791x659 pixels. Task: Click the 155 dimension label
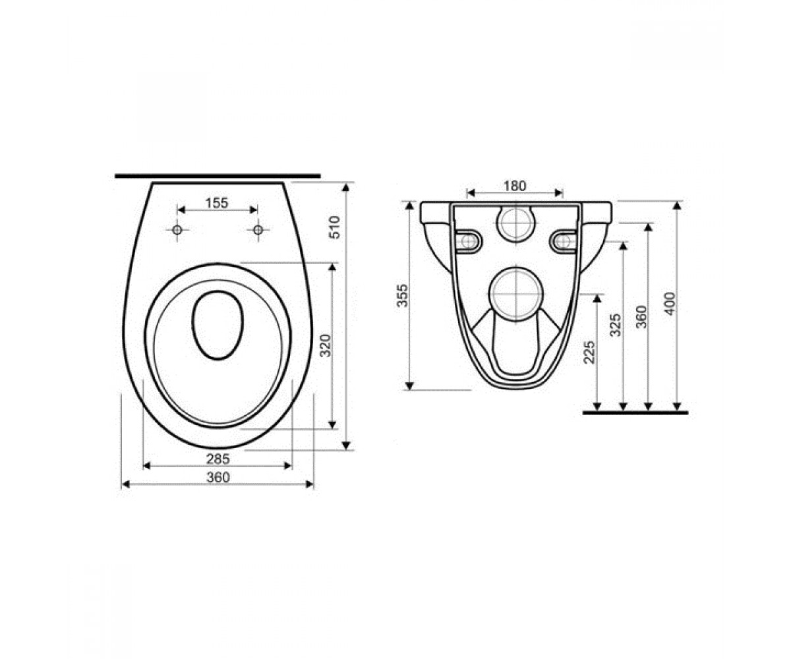coord(217,203)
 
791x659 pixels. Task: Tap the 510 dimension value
coord(334,227)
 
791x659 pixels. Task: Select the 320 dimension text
coord(326,345)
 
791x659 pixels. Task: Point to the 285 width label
coord(218,459)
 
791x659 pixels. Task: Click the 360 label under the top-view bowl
coord(218,477)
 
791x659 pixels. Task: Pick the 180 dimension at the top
coord(515,186)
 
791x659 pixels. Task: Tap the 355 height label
coord(402,295)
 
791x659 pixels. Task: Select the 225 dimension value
coord(589,352)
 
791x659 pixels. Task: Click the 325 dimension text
coord(615,325)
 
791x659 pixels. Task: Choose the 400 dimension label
coord(670,304)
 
